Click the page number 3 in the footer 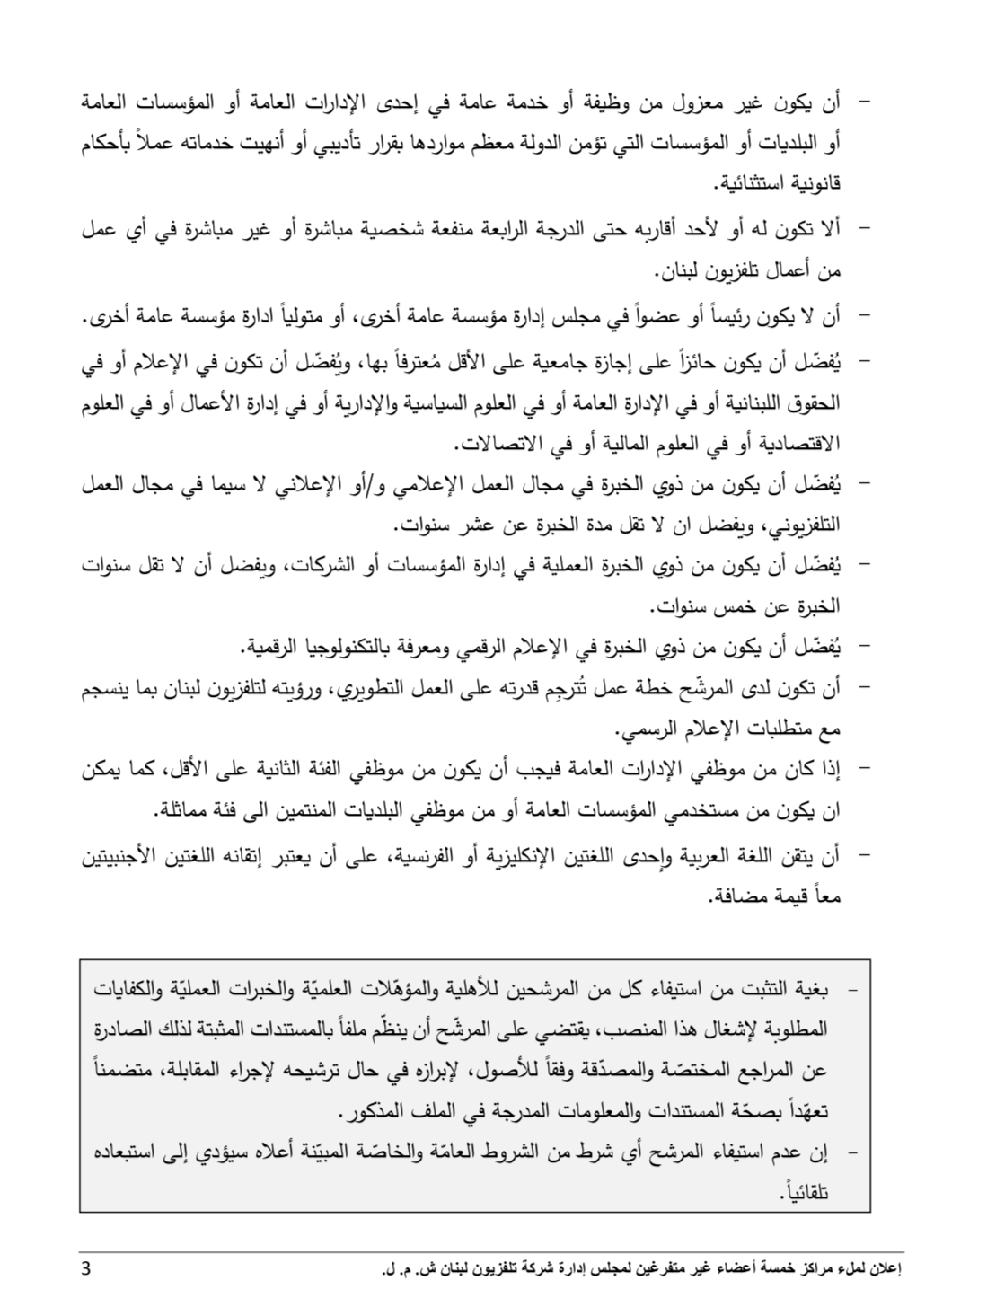84,1268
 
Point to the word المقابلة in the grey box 184,1071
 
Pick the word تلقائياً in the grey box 806,1193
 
